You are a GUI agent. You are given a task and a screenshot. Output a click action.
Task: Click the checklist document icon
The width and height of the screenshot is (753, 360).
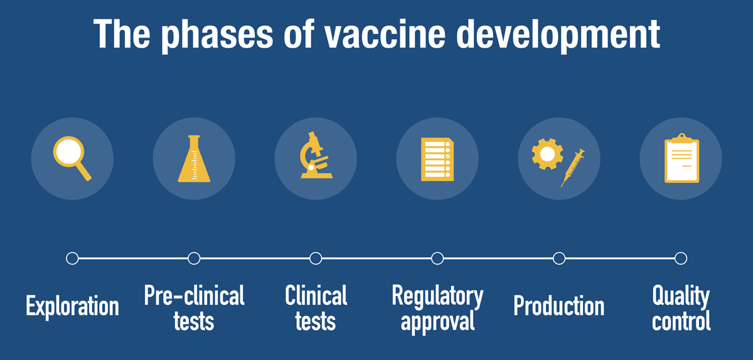point(437,159)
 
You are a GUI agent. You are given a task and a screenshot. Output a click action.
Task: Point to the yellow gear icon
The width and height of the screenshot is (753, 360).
point(547,154)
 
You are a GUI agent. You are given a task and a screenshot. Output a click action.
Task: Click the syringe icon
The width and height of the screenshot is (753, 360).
point(572,167)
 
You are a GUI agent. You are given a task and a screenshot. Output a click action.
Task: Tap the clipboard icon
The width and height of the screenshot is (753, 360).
point(681,158)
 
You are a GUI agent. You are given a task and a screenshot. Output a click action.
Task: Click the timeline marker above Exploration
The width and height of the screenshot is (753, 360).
point(72,258)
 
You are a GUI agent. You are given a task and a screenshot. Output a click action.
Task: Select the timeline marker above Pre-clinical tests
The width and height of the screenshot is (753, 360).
point(194,258)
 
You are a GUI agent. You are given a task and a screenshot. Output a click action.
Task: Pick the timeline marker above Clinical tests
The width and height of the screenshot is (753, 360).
point(316,258)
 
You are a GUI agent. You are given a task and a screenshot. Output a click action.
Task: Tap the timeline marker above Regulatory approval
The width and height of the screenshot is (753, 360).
point(437,258)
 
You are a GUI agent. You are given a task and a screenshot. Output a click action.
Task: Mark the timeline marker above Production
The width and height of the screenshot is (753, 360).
point(559,258)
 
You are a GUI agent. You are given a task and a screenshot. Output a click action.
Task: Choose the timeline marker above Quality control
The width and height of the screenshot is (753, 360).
point(681,258)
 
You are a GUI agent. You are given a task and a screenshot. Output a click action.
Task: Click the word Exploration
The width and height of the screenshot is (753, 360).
point(72,307)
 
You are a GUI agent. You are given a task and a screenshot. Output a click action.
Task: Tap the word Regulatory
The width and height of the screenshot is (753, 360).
point(437,297)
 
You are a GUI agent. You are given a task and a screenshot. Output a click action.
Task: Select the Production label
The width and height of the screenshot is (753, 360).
point(559,306)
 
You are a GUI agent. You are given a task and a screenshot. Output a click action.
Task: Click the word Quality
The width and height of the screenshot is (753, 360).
point(681,297)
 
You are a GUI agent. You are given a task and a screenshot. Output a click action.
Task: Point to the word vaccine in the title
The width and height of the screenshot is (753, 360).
point(385,34)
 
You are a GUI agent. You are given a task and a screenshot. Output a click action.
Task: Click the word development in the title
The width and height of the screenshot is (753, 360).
point(558,35)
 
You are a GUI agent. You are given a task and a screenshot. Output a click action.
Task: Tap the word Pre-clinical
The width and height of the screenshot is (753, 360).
point(194,295)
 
